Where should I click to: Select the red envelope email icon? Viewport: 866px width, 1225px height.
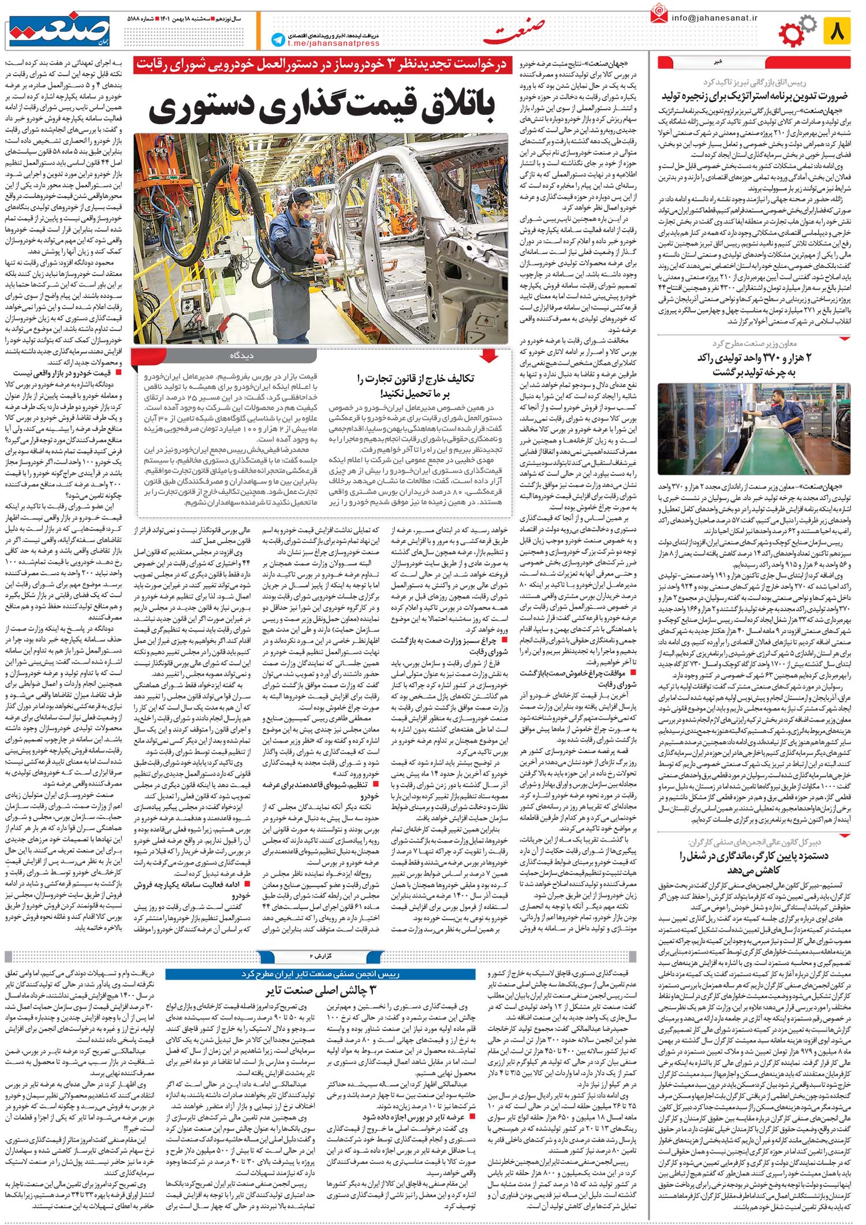(x=658, y=14)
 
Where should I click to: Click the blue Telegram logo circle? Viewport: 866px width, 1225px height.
(x=278, y=39)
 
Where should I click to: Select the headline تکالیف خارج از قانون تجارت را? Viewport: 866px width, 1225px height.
(x=415, y=379)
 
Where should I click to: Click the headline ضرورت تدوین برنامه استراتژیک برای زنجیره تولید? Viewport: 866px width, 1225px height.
(x=754, y=95)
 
